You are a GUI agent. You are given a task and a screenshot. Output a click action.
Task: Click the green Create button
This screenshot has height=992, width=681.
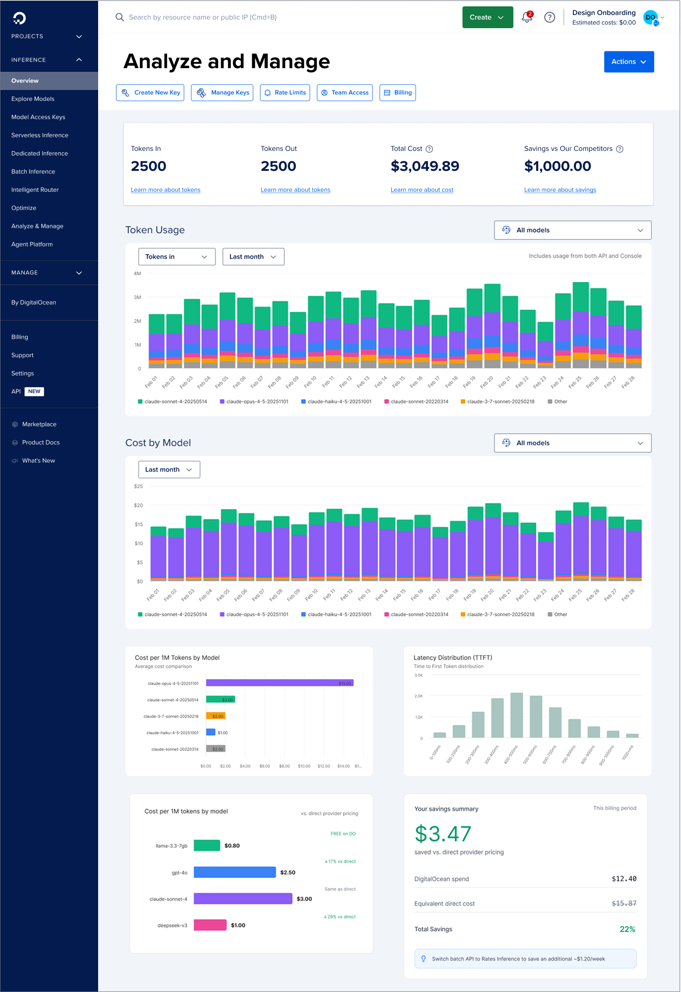[487, 17]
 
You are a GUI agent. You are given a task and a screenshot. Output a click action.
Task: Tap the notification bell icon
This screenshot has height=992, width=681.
[527, 17]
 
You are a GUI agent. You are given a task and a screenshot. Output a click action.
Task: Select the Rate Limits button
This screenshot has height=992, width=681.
[285, 93]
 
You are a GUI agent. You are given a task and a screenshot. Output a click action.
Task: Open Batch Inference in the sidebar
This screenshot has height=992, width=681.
[33, 171]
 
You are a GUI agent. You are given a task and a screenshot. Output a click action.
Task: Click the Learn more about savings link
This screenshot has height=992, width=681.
[560, 190]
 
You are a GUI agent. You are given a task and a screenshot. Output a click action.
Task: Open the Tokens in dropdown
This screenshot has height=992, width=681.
[177, 257]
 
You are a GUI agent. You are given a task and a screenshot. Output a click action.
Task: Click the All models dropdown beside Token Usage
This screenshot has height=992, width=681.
[572, 230]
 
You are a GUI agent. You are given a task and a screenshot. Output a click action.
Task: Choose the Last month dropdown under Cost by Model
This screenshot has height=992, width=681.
[169, 469]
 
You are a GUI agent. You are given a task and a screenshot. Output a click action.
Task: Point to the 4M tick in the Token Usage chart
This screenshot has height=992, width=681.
[137, 274]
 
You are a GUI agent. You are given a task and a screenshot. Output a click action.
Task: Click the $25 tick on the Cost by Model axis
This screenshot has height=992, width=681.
[139, 486]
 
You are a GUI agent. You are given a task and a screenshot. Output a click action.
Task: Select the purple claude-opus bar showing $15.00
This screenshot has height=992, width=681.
[280, 683]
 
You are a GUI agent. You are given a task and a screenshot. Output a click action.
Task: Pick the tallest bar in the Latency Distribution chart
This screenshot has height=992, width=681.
[517, 715]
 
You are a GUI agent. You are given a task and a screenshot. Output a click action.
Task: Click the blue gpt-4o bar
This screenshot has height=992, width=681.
[235, 872]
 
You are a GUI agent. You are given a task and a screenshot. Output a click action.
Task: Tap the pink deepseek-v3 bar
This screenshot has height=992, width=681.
[210, 925]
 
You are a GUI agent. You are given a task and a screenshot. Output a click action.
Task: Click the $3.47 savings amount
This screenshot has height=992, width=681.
[443, 834]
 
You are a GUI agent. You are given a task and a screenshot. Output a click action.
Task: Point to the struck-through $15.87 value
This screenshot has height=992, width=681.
[624, 903]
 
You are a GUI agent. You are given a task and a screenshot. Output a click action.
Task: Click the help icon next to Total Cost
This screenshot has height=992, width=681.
[429, 149]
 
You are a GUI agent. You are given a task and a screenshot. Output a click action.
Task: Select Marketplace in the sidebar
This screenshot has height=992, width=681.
[39, 424]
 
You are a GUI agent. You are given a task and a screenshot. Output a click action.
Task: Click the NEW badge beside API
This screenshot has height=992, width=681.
[34, 391]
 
